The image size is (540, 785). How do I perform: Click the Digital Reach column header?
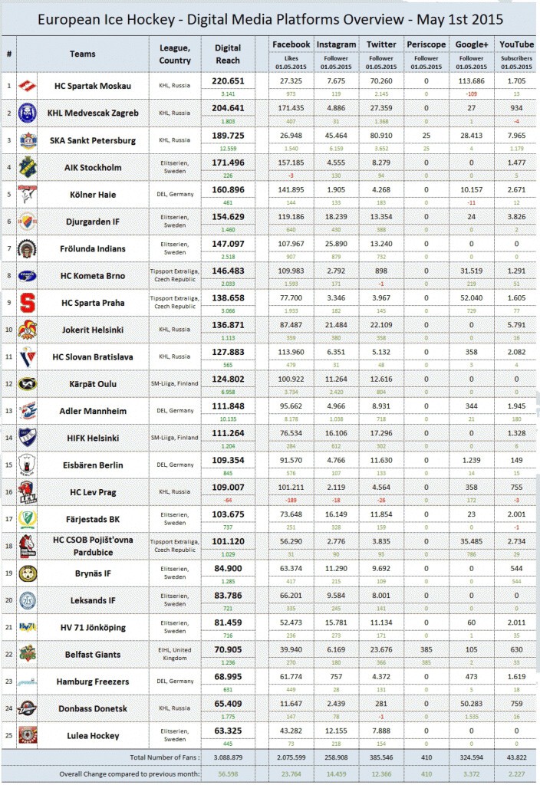(x=229, y=53)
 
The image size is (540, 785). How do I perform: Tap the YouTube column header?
(x=516, y=44)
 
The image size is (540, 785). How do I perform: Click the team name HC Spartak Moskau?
(x=99, y=85)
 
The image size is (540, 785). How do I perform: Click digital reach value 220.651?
(x=229, y=80)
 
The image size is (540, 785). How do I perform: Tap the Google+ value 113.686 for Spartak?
(x=471, y=80)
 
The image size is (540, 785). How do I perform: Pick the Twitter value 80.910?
(x=381, y=135)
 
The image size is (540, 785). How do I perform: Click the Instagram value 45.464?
(x=336, y=135)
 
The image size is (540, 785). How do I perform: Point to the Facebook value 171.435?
(x=291, y=107)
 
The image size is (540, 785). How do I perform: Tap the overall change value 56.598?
(x=229, y=774)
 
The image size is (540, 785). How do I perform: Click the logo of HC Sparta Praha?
(x=27, y=302)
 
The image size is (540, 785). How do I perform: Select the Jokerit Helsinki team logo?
(x=27, y=330)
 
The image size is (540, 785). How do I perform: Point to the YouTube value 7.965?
(x=516, y=135)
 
